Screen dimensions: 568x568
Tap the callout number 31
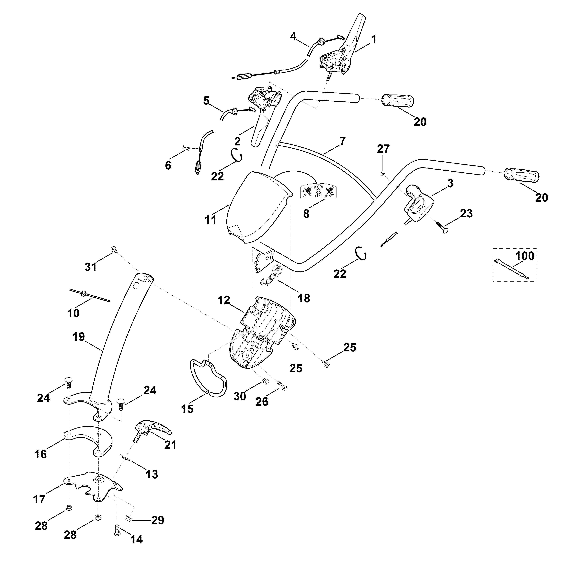point(91,267)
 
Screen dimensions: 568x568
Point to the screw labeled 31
point(114,250)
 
